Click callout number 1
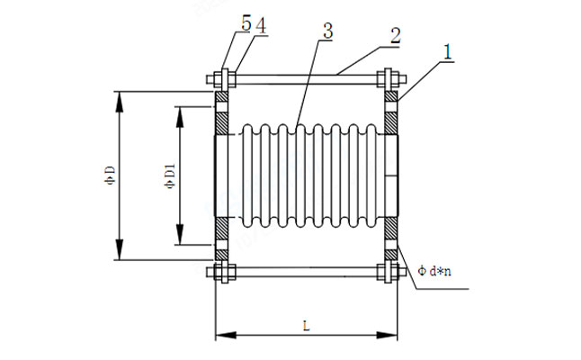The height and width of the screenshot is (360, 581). coord(447,53)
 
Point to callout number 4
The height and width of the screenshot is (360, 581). coord(260,26)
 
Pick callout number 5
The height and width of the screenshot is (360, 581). coord(246,26)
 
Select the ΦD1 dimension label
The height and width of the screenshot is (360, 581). coord(169,175)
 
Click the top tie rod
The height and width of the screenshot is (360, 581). coord(306,77)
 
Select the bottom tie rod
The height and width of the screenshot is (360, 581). coord(306,271)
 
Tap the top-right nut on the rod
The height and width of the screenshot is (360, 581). coord(390,77)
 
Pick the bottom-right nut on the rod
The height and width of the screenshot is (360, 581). coord(390,271)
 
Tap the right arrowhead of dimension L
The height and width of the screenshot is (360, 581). coord(394,337)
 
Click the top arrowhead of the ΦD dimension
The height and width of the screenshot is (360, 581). coord(117,95)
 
